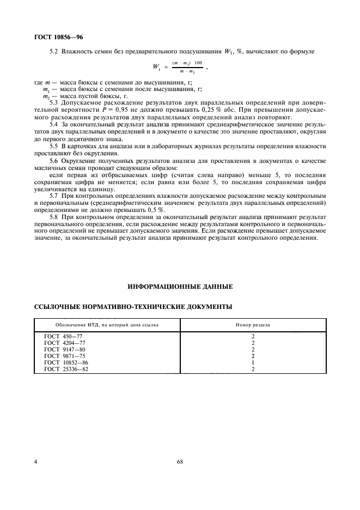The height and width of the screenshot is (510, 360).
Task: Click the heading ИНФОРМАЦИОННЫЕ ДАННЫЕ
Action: (180, 286)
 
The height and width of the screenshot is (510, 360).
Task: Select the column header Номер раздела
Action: (253, 324)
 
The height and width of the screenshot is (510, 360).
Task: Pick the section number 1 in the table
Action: (253, 362)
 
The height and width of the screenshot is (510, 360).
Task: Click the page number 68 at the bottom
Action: (180, 462)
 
